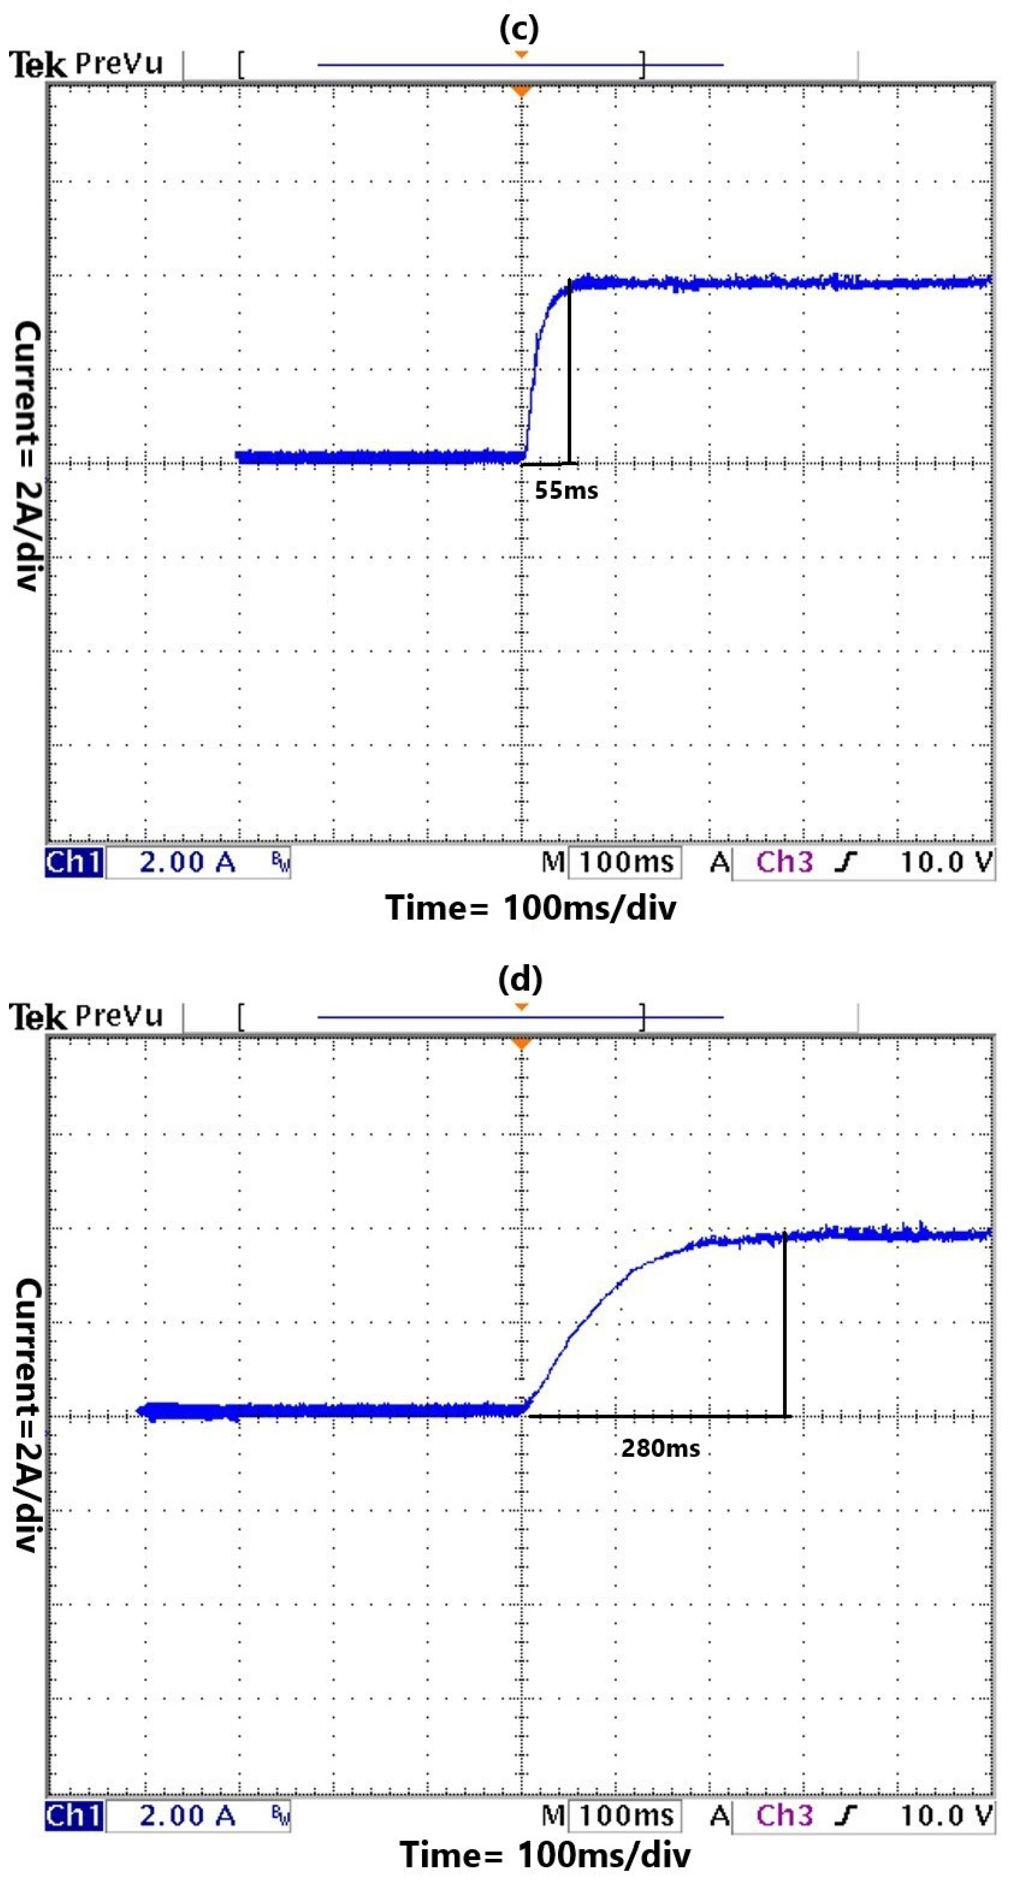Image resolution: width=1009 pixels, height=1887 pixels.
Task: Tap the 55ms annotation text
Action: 566,491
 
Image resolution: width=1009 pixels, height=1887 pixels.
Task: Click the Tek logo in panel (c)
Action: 38,65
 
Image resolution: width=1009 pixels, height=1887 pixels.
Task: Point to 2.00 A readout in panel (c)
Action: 188,862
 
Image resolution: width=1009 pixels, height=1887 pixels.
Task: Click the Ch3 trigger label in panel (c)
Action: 784,862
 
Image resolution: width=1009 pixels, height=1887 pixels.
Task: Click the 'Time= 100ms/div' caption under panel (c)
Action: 531,908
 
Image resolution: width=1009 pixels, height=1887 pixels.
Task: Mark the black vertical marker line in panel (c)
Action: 569,373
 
